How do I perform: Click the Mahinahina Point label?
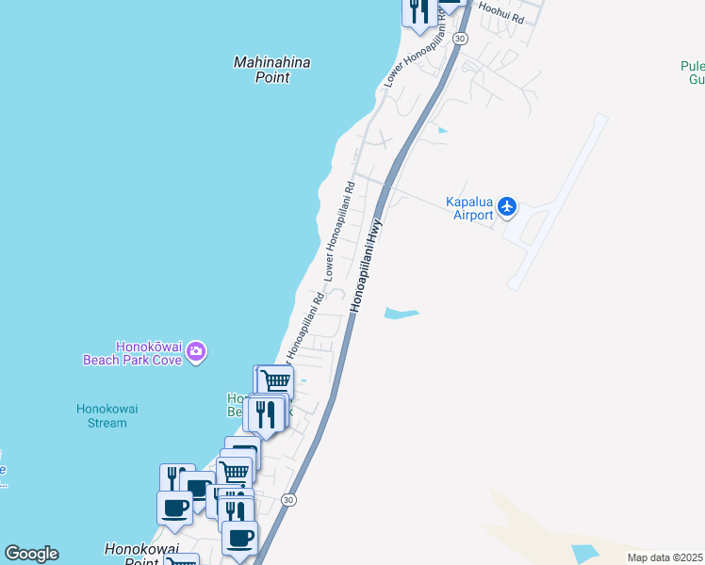pos(271,70)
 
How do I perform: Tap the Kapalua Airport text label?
pos(469,208)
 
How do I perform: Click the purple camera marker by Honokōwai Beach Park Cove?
pos(196,352)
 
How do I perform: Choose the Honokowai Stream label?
pos(101,415)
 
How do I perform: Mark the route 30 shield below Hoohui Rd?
pos(459,38)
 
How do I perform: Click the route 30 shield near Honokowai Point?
pos(288,499)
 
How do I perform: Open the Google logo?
pos(31,554)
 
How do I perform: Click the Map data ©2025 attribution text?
pos(664,557)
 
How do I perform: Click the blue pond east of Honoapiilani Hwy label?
pos(400,313)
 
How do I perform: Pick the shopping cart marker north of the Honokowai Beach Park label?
pos(275,381)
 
